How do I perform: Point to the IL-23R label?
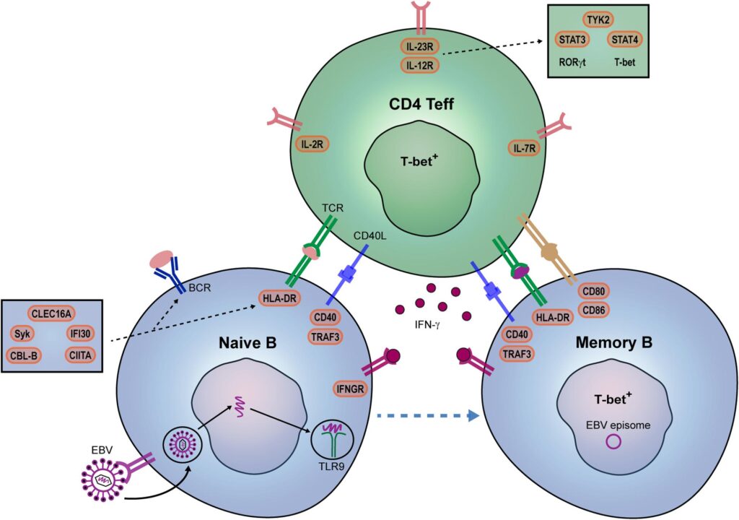[421, 48]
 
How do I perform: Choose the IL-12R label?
[421, 66]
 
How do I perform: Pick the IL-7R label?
[526, 149]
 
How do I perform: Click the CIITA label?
[82, 355]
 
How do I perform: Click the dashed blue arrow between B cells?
[429, 415]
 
